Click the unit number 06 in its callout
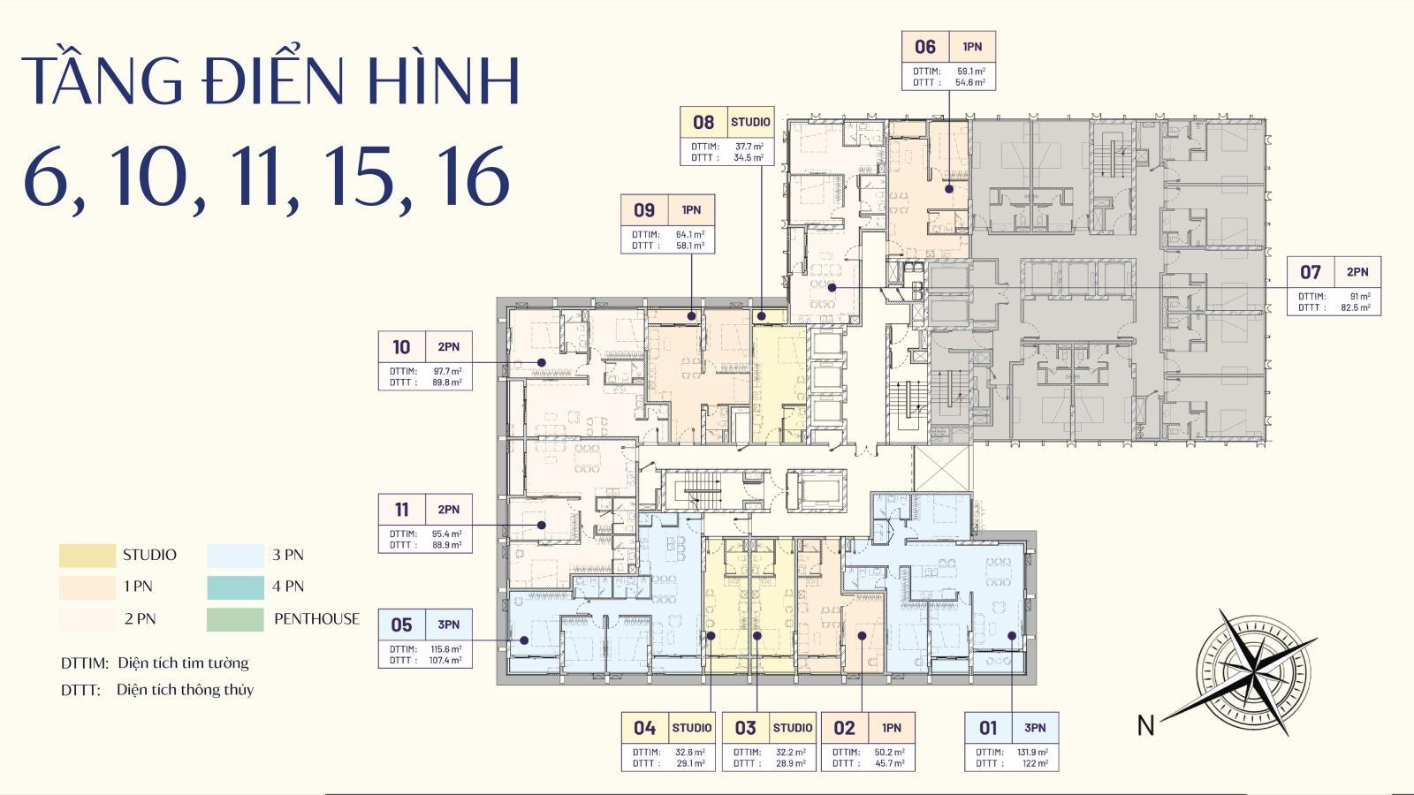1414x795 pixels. pos(924,47)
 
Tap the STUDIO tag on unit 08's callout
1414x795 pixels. pos(750,122)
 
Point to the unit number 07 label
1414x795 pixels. pos(1310,272)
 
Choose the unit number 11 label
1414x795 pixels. pos(401,510)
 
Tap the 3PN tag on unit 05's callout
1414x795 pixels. pos(448,625)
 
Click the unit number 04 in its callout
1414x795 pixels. pos(644,728)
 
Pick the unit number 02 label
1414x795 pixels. pos(844,728)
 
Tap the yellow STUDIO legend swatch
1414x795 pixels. pos(87,556)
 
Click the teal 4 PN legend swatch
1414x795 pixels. pos(235,587)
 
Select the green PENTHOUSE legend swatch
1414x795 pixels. pos(235,619)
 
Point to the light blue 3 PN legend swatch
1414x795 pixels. pos(235,556)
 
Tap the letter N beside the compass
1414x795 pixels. pos(1145,725)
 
